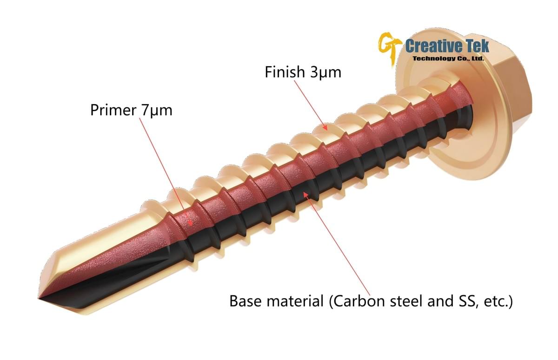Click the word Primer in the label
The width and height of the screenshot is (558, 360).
point(113,111)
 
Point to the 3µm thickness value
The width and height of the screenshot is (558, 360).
point(325,73)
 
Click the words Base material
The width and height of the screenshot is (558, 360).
point(277,301)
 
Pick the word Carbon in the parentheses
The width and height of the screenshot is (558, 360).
point(356,301)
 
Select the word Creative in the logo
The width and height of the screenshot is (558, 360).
point(431,46)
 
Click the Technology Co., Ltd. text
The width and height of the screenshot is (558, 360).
point(449,59)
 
